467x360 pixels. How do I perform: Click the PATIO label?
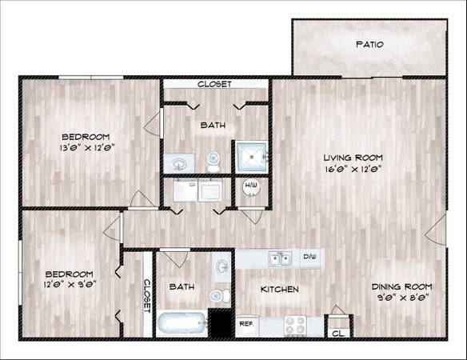(x=369, y=45)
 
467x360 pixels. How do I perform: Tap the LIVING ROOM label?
(x=353, y=158)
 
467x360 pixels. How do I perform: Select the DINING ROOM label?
(x=401, y=286)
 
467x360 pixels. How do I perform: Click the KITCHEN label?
(x=279, y=289)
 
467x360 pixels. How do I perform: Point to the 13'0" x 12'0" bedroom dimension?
(x=87, y=148)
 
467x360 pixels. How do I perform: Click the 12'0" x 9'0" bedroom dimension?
(x=70, y=284)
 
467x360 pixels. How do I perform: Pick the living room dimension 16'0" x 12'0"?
(x=353, y=170)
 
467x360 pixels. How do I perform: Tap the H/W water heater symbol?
(x=251, y=187)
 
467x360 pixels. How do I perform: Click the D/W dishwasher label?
(x=309, y=256)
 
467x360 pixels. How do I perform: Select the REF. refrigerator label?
(x=246, y=324)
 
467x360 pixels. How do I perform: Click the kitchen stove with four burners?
(x=295, y=325)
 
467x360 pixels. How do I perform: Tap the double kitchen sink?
(x=280, y=258)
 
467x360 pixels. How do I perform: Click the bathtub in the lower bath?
(x=182, y=324)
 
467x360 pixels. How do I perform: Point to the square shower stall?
(x=252, y=157)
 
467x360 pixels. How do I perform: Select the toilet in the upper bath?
(x=214, y=162)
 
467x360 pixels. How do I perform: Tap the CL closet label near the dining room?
(x=337, y=333)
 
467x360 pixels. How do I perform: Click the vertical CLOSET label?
(x=147, y=296)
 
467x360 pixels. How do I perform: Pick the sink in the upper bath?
(x=179, y=164)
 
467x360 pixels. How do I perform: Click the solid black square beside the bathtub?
(x=221, y=324)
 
